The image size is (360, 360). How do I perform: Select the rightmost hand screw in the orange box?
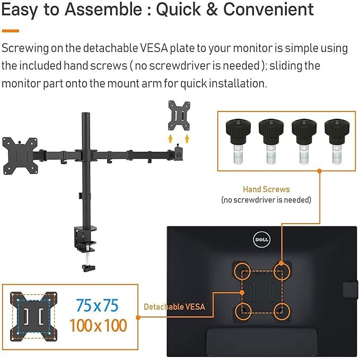point(337,141)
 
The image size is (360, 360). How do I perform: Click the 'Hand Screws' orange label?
point(266,189)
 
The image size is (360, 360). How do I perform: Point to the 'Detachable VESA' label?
point(174,306)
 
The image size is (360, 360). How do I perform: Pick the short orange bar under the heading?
point(11,31)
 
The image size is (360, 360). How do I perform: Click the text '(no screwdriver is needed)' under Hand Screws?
point(266,200)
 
